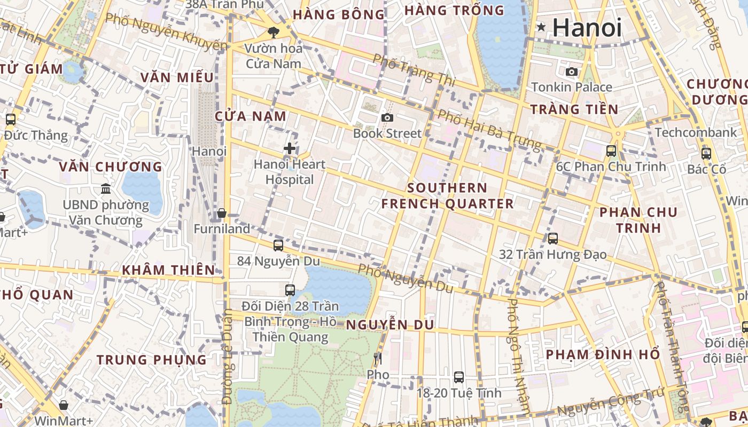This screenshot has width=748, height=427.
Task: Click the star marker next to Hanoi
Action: tap(541, 27)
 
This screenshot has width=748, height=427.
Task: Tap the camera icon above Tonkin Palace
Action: tap(571, 72)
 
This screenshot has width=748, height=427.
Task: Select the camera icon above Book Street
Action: tap(387, 117)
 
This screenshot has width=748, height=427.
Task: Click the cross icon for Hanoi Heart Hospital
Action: tap(289, 148)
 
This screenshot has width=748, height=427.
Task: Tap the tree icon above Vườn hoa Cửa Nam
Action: tap(273, 32)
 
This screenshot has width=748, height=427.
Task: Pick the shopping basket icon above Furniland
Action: tap(222, 213)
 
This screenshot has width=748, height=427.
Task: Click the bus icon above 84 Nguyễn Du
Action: tap(278, 246)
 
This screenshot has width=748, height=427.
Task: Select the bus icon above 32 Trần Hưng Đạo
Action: tap(553, 238)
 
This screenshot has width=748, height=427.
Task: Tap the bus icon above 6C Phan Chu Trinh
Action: tap(611, 151)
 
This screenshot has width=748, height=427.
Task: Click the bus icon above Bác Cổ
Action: tap(706, 154)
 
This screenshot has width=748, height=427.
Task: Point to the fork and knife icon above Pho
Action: tap(378, 358)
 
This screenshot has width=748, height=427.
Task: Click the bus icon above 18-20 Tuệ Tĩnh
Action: tap(458, 377)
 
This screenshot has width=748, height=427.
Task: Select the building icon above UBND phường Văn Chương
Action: tap(106, 189)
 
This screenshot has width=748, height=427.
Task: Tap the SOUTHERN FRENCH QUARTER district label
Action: tap(447, 196)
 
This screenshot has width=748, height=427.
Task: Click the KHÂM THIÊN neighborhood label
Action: tap(168, 270)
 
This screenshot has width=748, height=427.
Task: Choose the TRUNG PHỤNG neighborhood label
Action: tap(152, 360)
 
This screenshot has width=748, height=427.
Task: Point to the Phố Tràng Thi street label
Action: tap(414, 70)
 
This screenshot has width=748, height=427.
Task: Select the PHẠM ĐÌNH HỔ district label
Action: tap(603, 354)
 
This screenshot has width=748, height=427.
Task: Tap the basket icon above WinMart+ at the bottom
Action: tap(64, 405)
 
